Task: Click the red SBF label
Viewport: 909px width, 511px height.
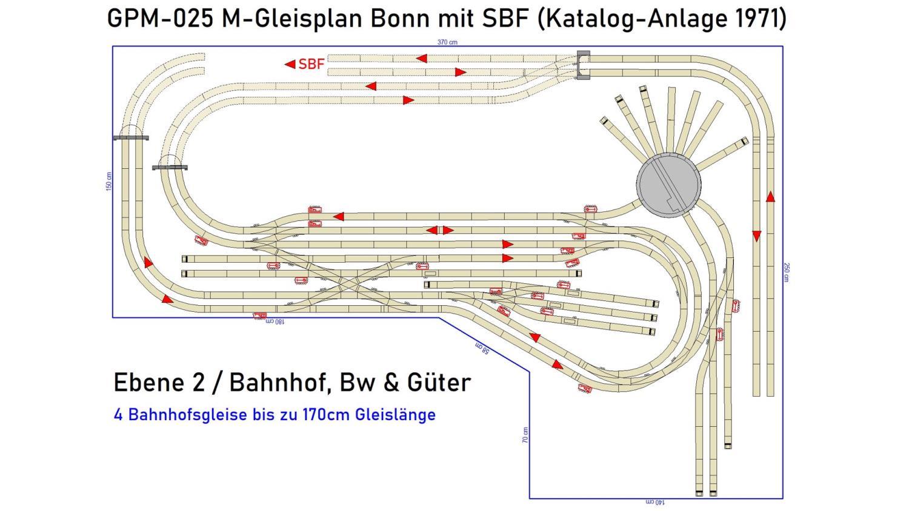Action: tap(311, 64)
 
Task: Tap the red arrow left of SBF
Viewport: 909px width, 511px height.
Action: tap(290, 64)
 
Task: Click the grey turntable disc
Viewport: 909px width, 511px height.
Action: tap(668, 184)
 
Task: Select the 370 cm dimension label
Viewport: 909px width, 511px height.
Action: tap(447, 42)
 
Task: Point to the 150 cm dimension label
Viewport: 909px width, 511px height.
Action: tap(109, 181)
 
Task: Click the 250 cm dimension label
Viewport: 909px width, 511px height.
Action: tap(787, 272)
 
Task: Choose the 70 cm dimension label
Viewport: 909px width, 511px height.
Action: tap(525, 435)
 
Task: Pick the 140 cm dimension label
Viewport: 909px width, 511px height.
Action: tap(654, 503)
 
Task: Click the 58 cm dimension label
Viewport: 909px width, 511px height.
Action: tap(482, 349)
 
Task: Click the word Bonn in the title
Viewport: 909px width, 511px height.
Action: tap(392, 19)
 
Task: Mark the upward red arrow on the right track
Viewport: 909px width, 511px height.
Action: tap(770, 197)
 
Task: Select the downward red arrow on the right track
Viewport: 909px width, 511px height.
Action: tap(756, 236)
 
